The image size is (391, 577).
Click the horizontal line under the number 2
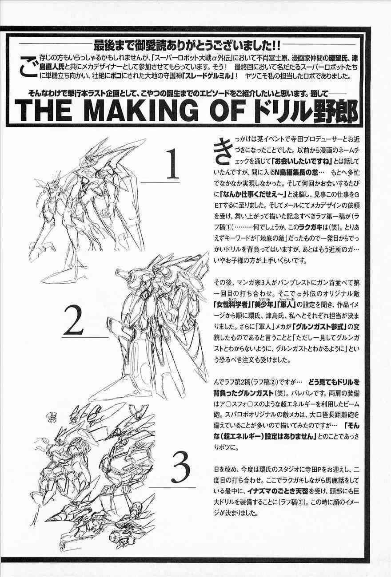pos(85,337)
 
